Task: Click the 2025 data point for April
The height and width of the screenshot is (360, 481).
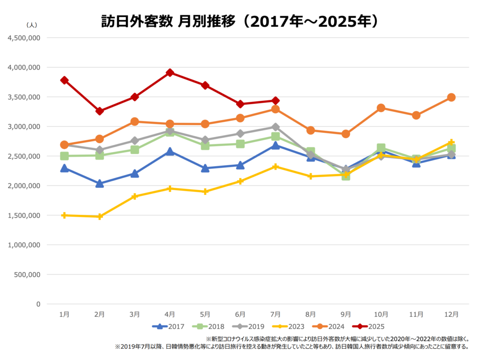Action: [170, 73]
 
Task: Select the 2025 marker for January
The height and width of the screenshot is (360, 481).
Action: [64, 80]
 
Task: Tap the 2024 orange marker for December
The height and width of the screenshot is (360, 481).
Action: [451, 97]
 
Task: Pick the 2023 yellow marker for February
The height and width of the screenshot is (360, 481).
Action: [100, 216]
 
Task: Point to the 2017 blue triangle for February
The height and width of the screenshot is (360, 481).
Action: [100, 184]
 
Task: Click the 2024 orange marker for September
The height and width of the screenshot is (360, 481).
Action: [346, 134]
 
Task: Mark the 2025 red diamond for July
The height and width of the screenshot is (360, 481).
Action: [276, 100]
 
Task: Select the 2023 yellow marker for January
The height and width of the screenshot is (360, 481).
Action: [64, 215]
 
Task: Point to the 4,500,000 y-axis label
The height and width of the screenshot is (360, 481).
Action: [25, 38]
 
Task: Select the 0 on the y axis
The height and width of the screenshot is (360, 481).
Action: [38, 304]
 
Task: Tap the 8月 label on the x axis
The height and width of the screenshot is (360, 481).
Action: [310, 314]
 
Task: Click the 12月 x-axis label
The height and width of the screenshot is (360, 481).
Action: [451, 314]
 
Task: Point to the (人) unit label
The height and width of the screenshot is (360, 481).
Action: [32, 24]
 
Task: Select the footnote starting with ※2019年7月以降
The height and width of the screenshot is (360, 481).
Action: [292, 347]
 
